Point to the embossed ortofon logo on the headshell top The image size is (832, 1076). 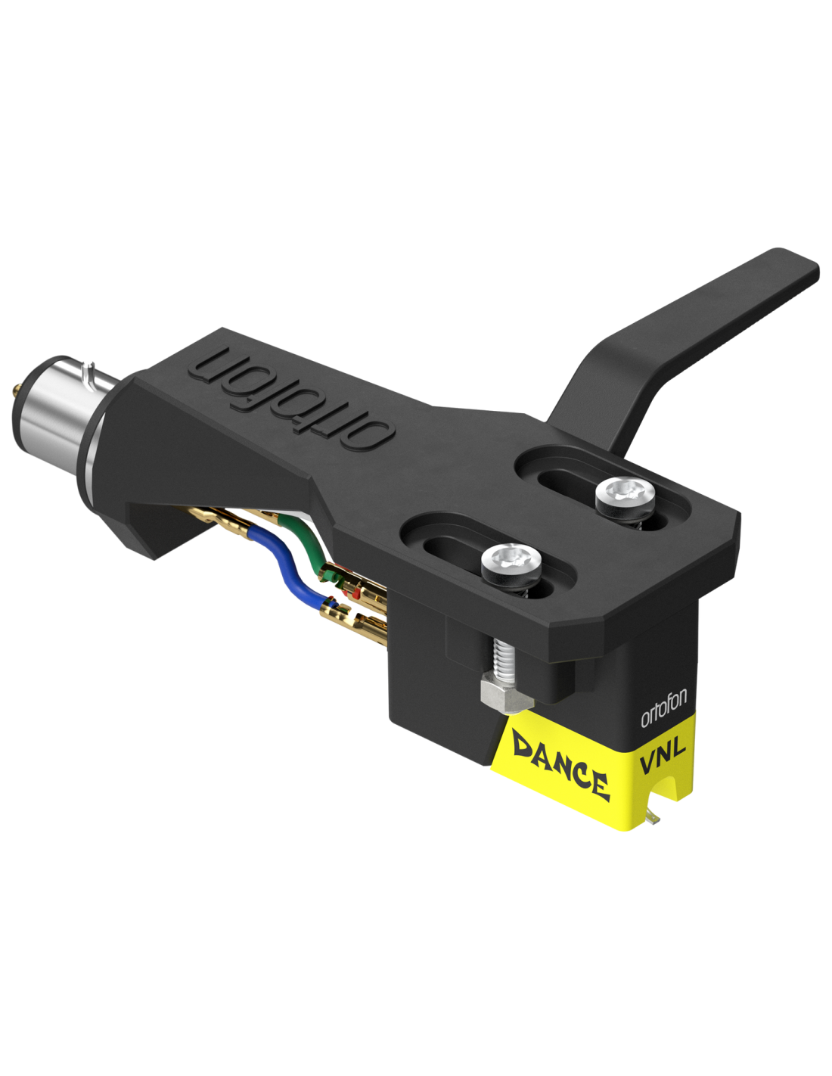pyautogui.click(x=293, y=397)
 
